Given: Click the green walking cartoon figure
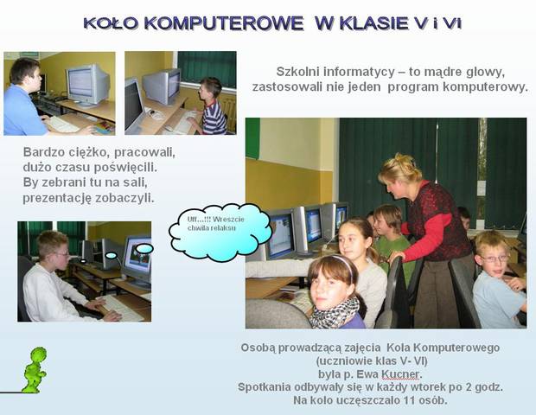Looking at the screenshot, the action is click(35, 370).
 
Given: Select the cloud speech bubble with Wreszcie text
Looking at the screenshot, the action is click(220, 232).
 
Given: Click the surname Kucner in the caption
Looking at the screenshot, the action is click(400, 374).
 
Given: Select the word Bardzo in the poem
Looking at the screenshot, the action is click(40, 152).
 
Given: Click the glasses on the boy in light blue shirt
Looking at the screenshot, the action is click(495, 259).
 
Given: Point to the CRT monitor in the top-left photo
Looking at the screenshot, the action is click(88, 85).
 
